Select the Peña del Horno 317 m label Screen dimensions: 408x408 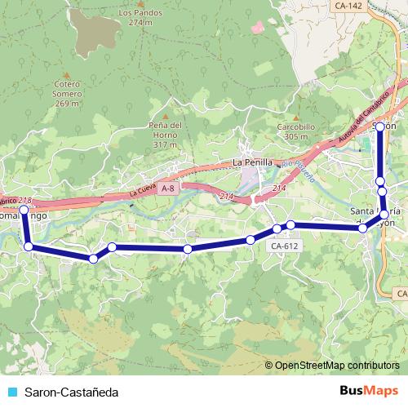pyautogui.click(x=164, y=134)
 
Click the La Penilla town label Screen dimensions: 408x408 pyautogui.click(x=252, y=162)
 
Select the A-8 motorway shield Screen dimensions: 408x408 pyautogui.click(x=167, y=188)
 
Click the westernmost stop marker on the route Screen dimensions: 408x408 pyautogui.click(x=24, y=211)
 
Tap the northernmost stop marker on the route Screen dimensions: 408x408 pyautogui.click(x=379, y=127)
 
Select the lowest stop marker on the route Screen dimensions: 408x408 pyautogui.click(x=94, y=259)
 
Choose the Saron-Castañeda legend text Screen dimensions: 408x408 pyautogui.click(x=71, y=392)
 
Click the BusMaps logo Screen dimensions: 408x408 pyautogui.click(x=369, y=392)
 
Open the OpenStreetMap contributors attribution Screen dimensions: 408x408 pyautogui.click(x=336, y=365)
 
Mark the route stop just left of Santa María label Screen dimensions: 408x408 pyautogui.click(x=363, y=228)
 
